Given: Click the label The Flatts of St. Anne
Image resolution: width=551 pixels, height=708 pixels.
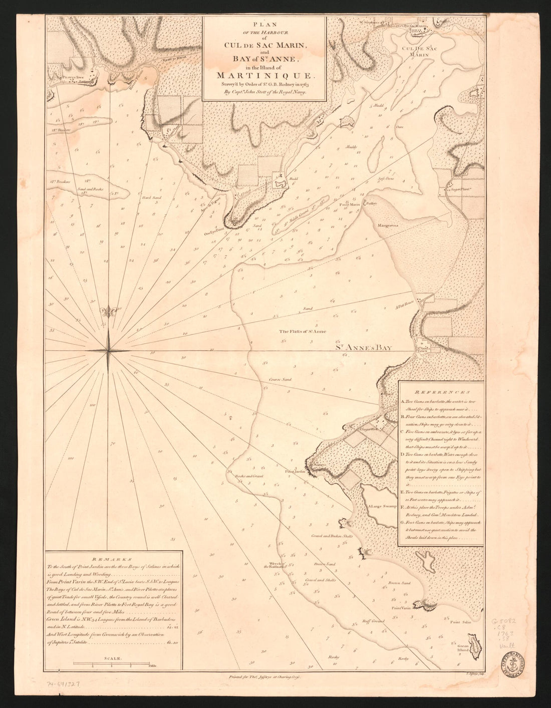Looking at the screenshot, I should (x=303, y=331).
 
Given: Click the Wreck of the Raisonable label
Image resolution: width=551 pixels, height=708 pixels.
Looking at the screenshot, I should (x=274, y=565).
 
